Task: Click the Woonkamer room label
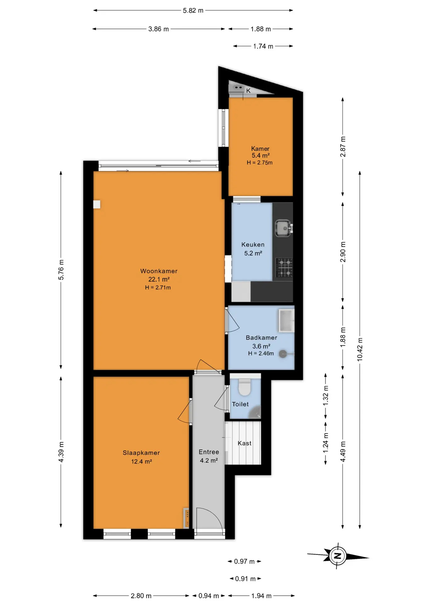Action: tap(159, 271)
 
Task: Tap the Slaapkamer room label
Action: tap(141, 453)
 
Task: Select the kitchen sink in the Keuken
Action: tap(284, 228)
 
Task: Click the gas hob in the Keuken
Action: tap(284, 267)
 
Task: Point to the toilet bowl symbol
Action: tap(245, 387)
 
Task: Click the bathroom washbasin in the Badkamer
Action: tap(286, 321)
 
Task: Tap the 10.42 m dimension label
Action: tap(360, 349)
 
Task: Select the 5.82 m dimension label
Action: tap(193, 10)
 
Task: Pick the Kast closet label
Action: tap(245, 443)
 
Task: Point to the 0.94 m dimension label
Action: tap(209, 596)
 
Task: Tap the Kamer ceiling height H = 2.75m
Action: tap(260, 163)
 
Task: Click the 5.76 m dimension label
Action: tap(61, 270)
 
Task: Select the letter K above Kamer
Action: tap(248, 91)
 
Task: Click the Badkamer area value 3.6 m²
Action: tap(261, 346)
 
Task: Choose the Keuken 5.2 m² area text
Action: tap(253, 253)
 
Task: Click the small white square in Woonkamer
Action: tap(97, 205)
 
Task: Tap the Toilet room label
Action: tap(240, 404)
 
